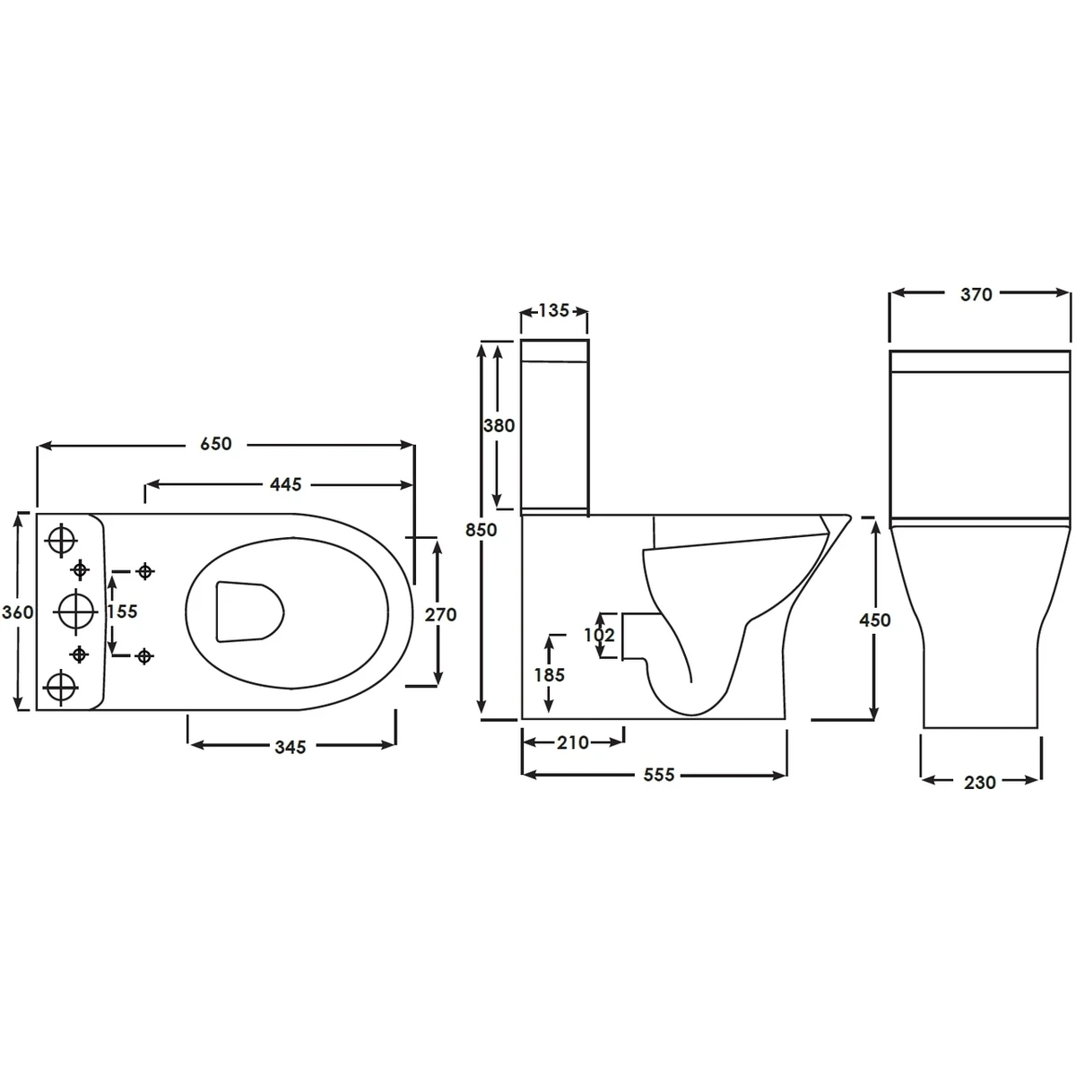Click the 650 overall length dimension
[215, 444]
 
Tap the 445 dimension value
[285, 485]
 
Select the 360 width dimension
[17, 612]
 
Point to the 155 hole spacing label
[122, 612]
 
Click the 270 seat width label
[440, 615]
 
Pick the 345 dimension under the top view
[291, 747]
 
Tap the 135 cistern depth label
[553, 310]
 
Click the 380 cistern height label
[499, 426]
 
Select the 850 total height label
[481, 530]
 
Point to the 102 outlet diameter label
[599, 635]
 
